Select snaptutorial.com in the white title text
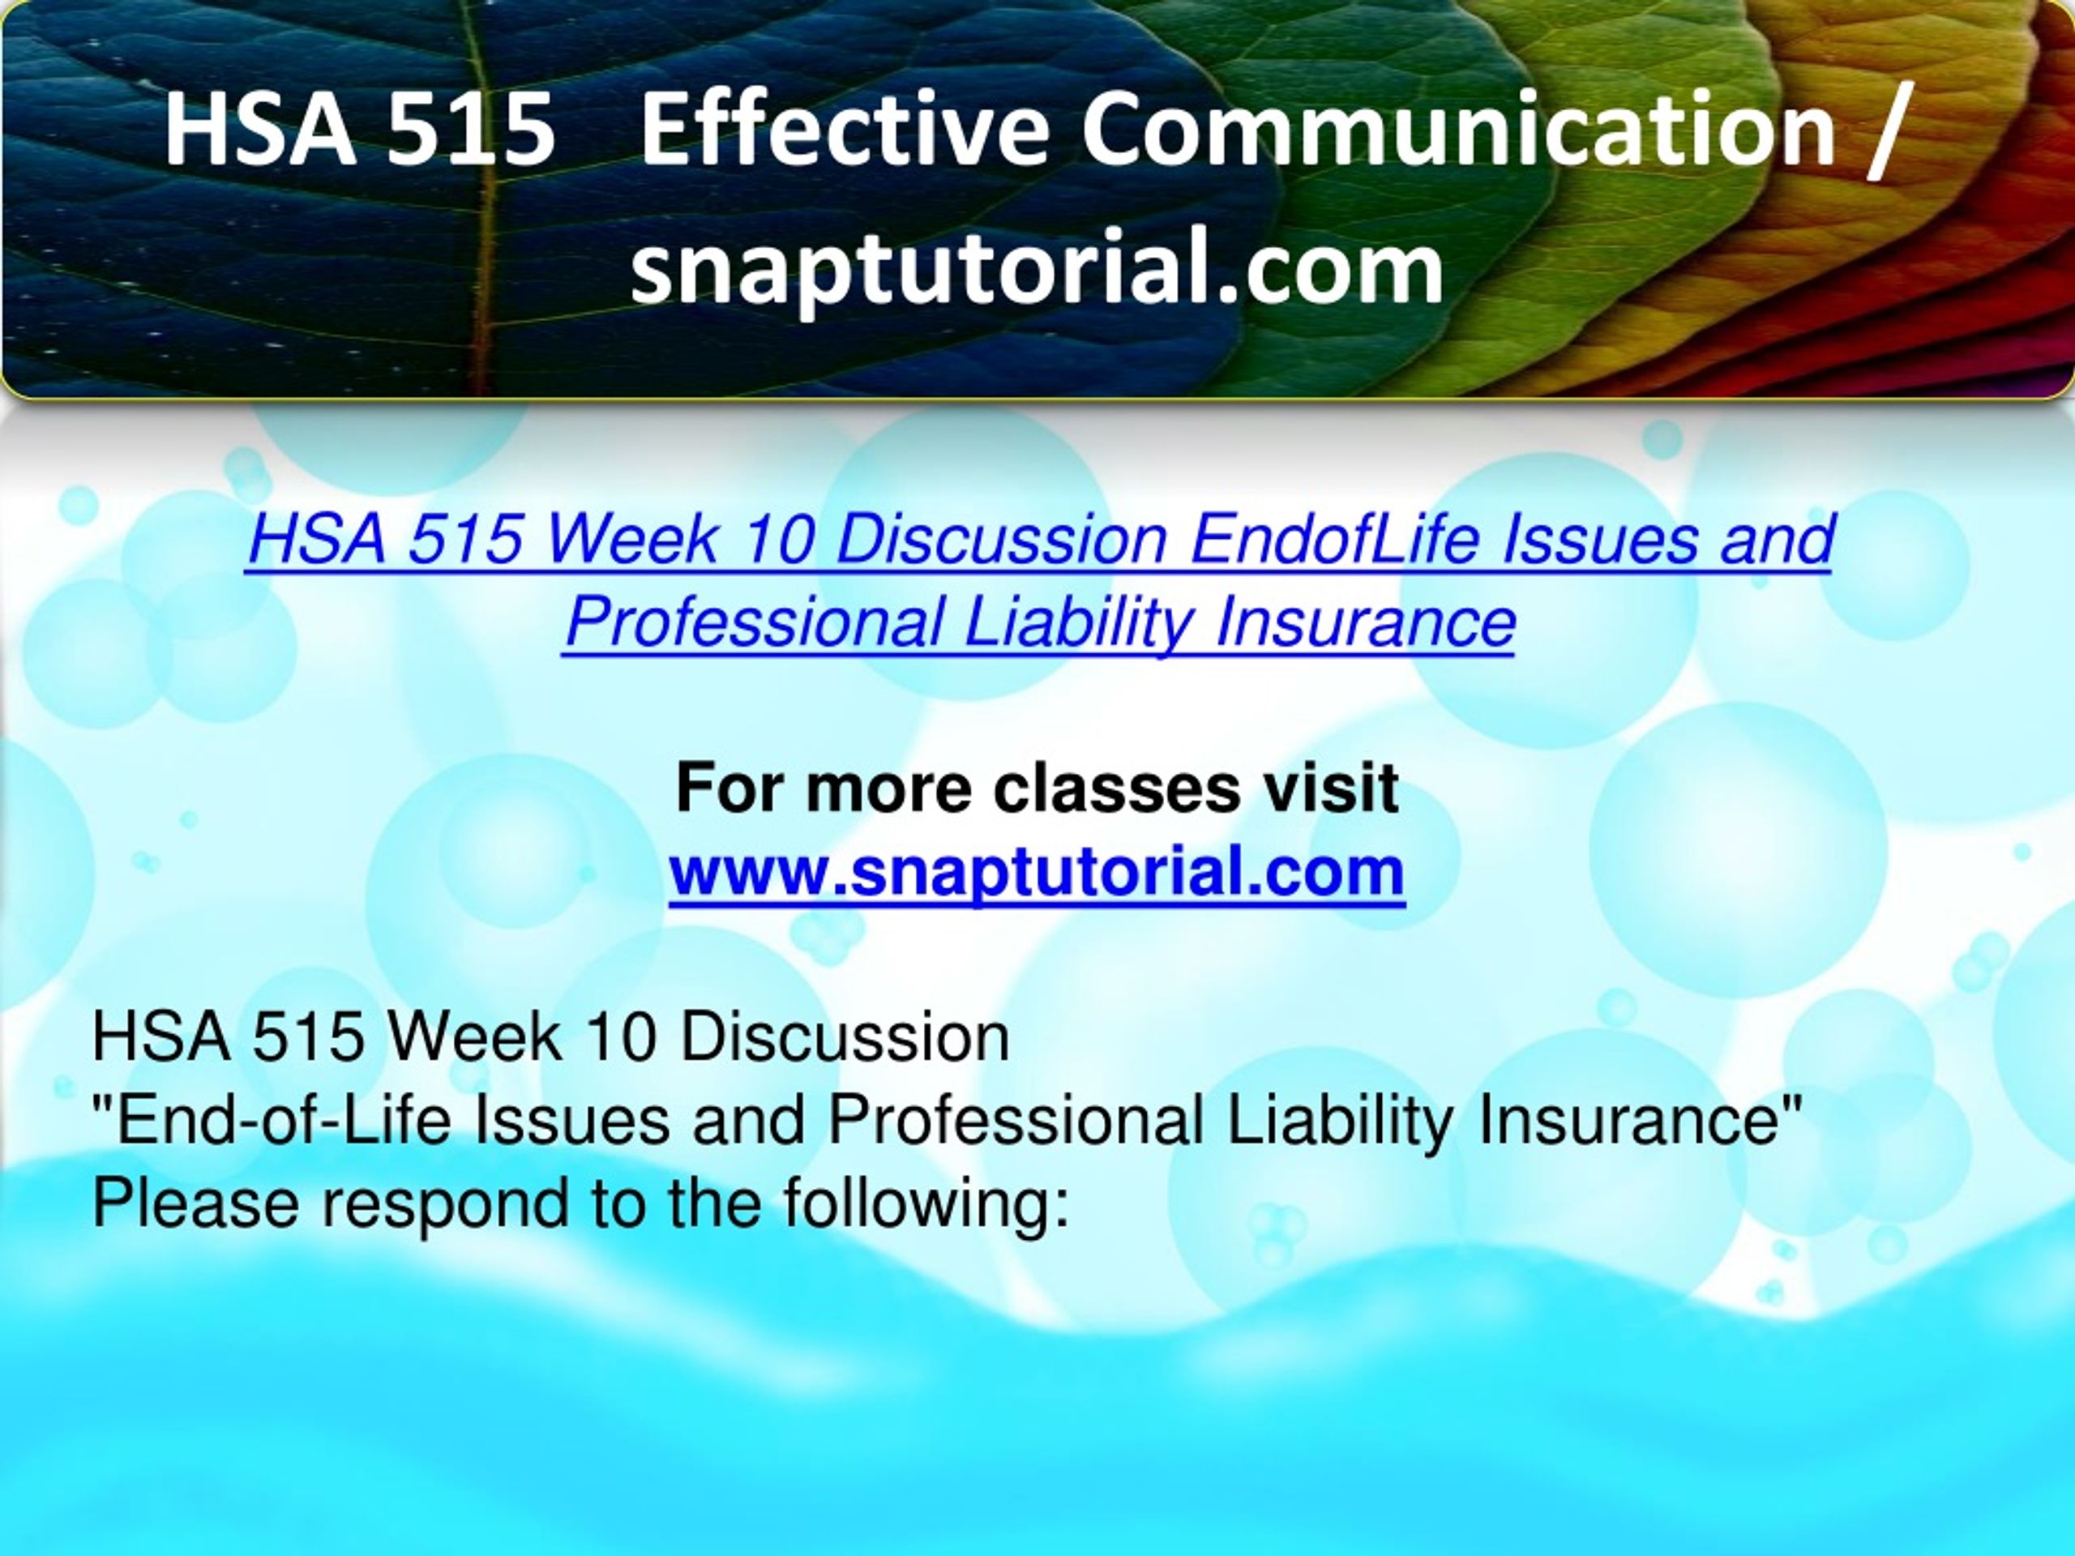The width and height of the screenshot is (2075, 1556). pyautogui.click(x=1037, y=268)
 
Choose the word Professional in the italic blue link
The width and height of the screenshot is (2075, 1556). pyautogui.click(x=753, y=621)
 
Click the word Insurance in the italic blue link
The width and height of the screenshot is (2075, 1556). pyautogui.click(x=1365, y=621)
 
